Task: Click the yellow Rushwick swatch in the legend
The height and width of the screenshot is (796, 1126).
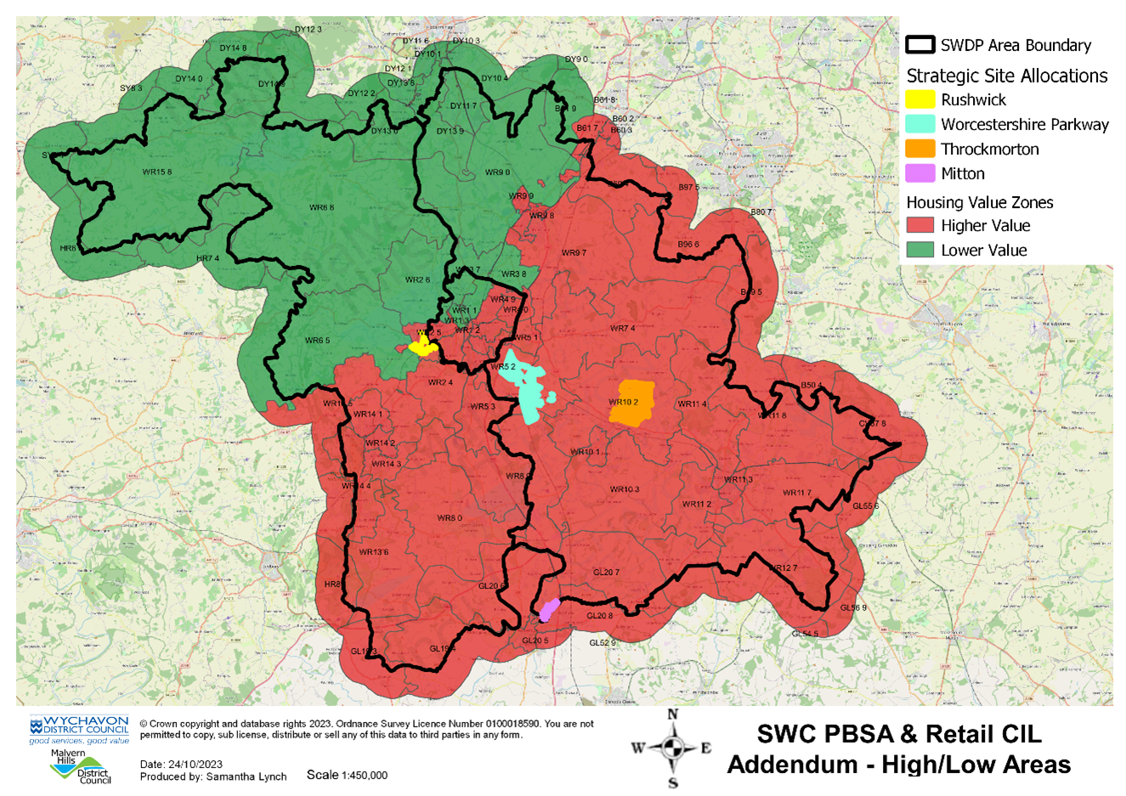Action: tap(920, 99)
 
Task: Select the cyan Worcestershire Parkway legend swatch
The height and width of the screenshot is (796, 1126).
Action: tap(920, 124)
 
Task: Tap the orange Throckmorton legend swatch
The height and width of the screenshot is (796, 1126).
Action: tap(920, 149)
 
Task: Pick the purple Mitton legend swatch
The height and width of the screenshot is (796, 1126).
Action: tap(920, 173)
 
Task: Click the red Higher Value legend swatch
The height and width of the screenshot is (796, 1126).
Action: tap(920, 225)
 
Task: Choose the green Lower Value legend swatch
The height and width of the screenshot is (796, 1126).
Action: tap(920, 250)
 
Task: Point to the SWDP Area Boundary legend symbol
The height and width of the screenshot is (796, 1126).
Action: tap(920, 45)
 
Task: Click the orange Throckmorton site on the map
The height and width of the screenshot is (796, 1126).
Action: tap(632, 404)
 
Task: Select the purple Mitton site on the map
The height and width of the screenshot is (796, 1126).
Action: tap(549, 609)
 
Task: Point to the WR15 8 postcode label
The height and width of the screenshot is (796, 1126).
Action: tap(156, 172)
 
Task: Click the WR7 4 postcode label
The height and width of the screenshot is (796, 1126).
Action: tap(622, 329)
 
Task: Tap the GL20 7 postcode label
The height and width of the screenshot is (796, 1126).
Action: tap(606, 573)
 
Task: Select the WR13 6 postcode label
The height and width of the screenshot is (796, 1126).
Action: tap(373, 552)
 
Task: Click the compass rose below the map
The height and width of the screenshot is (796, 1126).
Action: tap(672, 748)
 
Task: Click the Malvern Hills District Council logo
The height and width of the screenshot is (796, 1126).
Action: tap(81, 766)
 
